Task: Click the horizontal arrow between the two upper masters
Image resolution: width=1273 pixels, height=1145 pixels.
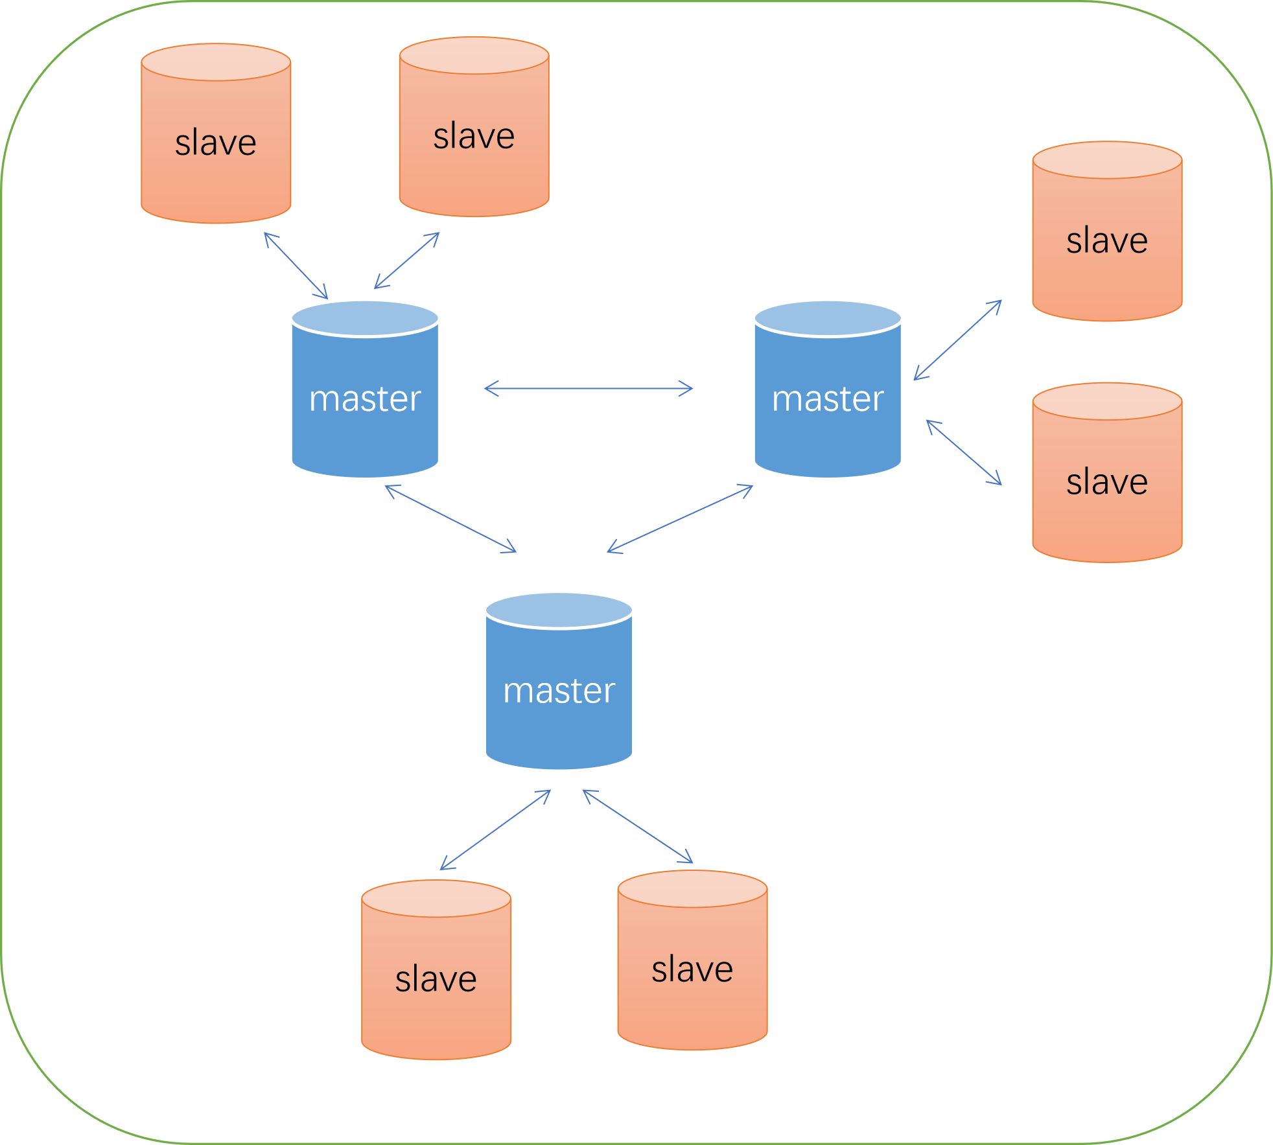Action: [589, 389]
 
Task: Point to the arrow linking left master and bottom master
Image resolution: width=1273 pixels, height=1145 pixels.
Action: [450, 518]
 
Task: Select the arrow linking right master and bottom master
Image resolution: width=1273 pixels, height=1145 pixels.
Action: [680, 518]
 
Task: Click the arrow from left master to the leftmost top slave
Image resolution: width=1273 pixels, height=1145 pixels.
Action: [296, 266]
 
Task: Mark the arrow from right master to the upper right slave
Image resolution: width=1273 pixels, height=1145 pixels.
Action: [957, 340]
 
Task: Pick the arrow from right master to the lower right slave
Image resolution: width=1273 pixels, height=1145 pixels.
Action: [964, 452]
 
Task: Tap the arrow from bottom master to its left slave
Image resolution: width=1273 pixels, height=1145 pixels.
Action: [495, 830]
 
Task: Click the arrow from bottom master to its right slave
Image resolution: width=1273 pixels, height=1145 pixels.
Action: [638, 827]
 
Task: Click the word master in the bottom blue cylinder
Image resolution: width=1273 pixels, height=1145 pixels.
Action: [559, 691]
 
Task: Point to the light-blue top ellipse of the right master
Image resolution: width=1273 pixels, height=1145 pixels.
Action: [828, 318]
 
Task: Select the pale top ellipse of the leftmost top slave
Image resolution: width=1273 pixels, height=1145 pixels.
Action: [216, 62]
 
